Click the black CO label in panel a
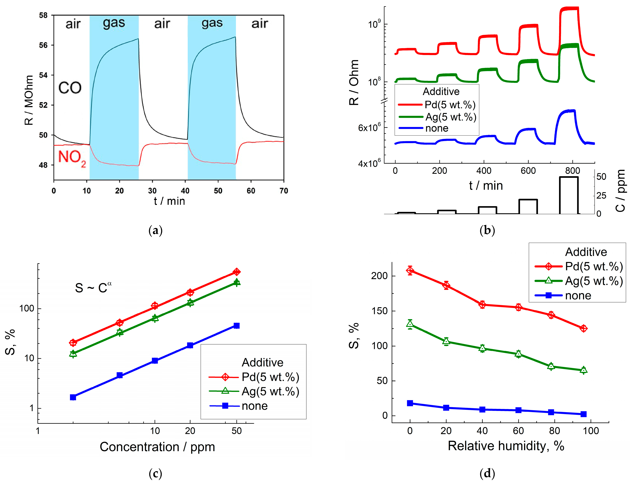click(x=70, y=88)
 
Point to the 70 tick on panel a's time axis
click(x=284, y=191)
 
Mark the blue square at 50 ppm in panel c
click(x=237, y=326)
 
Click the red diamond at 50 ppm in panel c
click(x=237, y=272)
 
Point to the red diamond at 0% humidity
click(x=410, y=270)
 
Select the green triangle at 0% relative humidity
click(x=410, y=324)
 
